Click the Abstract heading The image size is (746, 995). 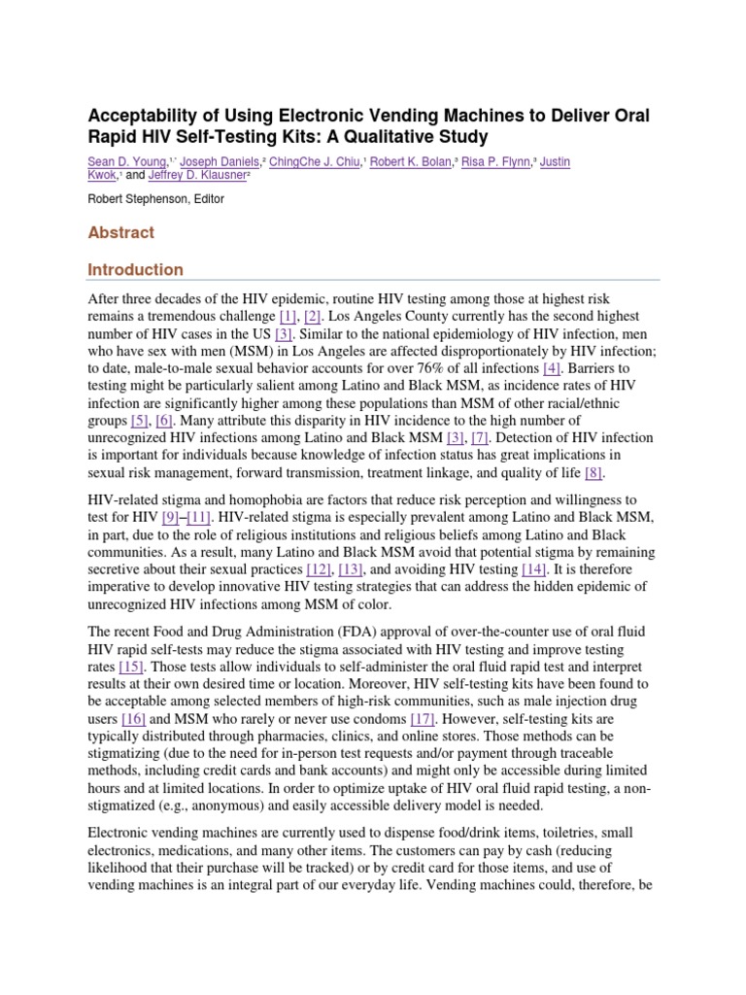(121, 233)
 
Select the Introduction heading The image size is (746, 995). (136, 269)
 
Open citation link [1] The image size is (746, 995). (288, 317)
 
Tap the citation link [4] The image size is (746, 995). (552, 369)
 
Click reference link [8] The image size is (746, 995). (593, 473)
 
